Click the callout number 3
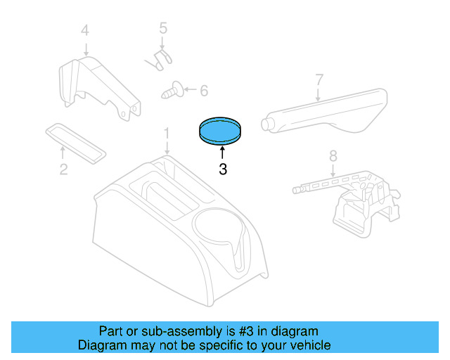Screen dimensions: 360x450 point(223,169)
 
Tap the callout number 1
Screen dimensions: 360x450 point(167,133)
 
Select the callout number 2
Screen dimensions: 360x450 point(63,169)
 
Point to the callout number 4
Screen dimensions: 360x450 point(85,30)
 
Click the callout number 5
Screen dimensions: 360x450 point(162,29)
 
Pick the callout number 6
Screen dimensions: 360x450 point(204,90)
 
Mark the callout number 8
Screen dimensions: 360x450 point(333,155)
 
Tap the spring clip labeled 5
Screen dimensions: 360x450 point(160,59)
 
